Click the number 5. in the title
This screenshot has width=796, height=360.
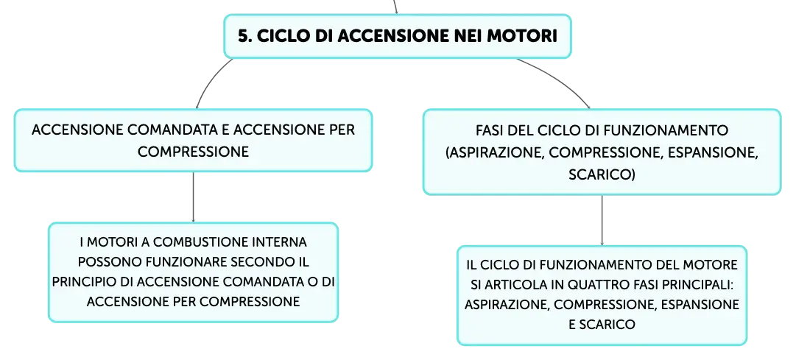coord(244,37)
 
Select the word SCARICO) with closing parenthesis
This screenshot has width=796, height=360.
coord(602,175)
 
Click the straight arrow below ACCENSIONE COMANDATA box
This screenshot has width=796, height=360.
coord(193,197)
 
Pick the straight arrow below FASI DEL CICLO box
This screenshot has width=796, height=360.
coord(602,220)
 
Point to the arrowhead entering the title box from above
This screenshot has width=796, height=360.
coord(396,12)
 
